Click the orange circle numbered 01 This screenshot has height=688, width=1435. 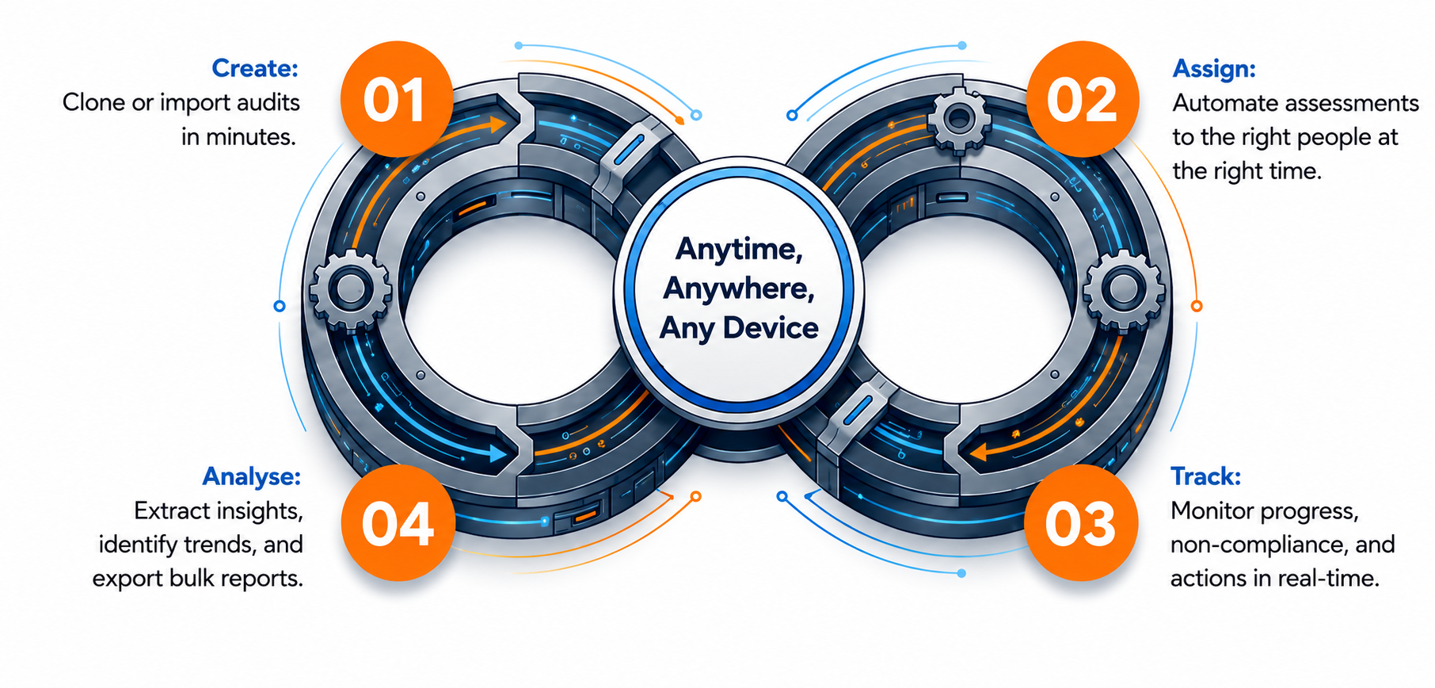click(x=396, y=99)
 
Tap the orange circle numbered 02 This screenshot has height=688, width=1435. click(x=1083, y=99)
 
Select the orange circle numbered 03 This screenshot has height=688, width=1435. click(x=1081, y=523)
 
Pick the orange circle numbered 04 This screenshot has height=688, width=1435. click(x=398, y=523)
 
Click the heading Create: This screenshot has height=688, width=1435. click(x=255, y=68)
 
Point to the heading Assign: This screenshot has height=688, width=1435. click(x=1214, y=70)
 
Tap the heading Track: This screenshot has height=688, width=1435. click(x=1205, y=476)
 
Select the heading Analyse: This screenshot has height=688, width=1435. click(x=252, y=477)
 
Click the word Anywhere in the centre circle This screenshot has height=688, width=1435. click(x=739, y=289)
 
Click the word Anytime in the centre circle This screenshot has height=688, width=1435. click(x=739, y=250)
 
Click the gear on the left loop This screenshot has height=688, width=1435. click(x=350, y=290)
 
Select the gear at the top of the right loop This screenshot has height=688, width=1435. click(x=959, y=120)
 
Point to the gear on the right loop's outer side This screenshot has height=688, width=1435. click(x=1123, y=290)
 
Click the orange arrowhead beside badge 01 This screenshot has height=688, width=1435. click(x=498, y=124)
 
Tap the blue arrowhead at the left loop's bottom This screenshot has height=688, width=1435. click(x=498, y=453)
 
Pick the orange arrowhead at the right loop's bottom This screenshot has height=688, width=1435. click(x=979, y=453)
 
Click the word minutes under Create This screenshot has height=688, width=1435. click(x=250, y=137)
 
